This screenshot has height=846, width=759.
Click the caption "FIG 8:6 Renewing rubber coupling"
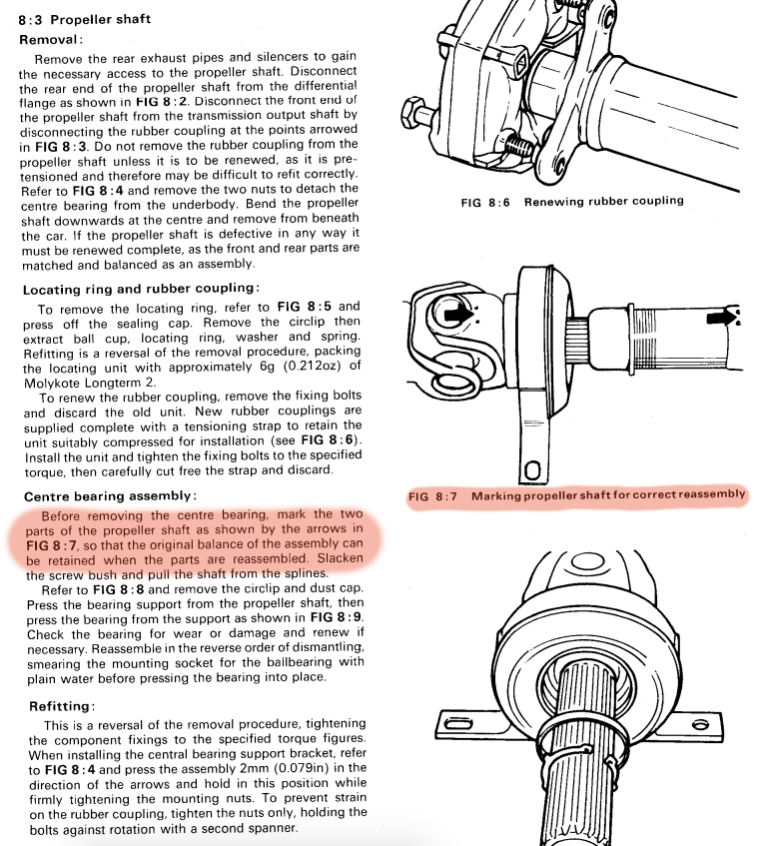coord(572,201)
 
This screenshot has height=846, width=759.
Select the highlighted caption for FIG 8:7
coord(577,495)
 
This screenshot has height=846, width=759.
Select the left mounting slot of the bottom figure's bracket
coord(457,722)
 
